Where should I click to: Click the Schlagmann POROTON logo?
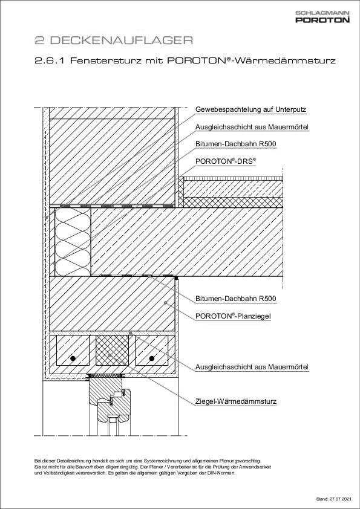pos(322,17)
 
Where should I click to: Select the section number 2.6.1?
pos(50,61)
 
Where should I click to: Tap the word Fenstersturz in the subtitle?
pos(97,61)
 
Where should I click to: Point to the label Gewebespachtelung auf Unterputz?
pos(250,110)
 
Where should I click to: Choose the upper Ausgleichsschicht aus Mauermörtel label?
pos(252,128)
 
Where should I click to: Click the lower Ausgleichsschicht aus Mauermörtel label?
pos(252,367)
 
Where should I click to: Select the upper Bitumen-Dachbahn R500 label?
pos(236,144)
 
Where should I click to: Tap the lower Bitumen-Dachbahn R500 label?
pos(236,299)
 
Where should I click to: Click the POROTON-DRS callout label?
pos(226,162)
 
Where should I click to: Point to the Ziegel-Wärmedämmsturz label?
pos(236,400)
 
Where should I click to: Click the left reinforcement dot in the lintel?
pos(72,358)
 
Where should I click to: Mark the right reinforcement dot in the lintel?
pos(151,358)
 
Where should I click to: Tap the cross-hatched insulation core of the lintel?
pos(112,351)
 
